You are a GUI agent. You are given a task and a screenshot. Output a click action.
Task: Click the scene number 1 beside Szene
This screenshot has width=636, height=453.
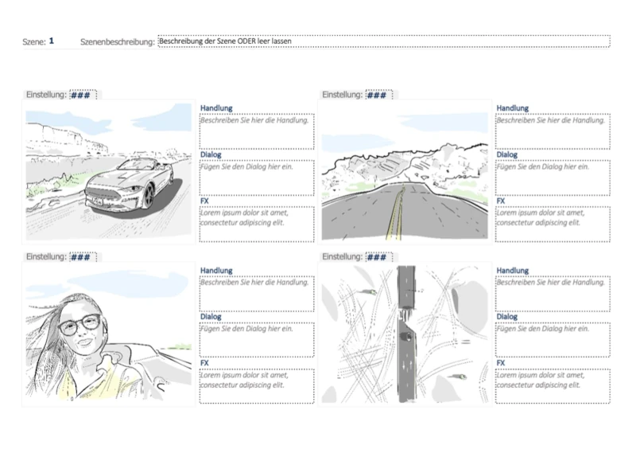pos(52,41)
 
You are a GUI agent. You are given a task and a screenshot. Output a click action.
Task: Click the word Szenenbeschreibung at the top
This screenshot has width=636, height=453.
pos(117,42)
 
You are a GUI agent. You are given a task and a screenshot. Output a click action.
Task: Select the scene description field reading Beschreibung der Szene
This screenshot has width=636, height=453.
pos(384,41)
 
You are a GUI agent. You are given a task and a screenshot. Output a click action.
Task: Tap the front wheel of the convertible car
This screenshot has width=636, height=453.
pos(149,196)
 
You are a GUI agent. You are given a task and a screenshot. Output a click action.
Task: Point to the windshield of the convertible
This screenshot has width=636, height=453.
pos(140,164)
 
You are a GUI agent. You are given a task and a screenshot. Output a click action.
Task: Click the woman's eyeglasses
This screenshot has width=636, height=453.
pos(79,324)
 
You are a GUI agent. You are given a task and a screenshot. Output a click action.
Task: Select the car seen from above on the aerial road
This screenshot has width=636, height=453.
pos(406,336)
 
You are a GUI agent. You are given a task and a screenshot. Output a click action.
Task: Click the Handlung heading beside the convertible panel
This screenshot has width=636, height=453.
pos(216,108)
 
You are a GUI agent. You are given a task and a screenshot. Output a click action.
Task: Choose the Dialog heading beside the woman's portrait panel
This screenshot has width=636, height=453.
pos(211,317)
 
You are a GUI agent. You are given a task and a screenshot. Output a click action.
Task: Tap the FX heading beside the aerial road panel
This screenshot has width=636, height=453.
pos(501,363)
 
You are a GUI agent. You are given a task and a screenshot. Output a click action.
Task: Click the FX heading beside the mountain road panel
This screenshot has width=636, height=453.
pos(501,201)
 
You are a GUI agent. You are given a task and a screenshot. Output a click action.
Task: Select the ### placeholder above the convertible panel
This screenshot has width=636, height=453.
pos(80,95)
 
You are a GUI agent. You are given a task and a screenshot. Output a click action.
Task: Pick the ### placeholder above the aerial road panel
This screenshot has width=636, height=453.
pos(376,257)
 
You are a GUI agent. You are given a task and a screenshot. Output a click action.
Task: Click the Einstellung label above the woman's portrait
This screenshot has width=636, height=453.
pos(46,257)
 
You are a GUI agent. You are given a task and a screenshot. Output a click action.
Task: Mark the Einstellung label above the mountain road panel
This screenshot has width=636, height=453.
pos(342,95)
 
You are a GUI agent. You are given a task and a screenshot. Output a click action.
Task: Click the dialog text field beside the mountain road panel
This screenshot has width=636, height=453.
pos(553,178)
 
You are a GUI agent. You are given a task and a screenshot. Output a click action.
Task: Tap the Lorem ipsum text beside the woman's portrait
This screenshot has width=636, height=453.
pos(244,380)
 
